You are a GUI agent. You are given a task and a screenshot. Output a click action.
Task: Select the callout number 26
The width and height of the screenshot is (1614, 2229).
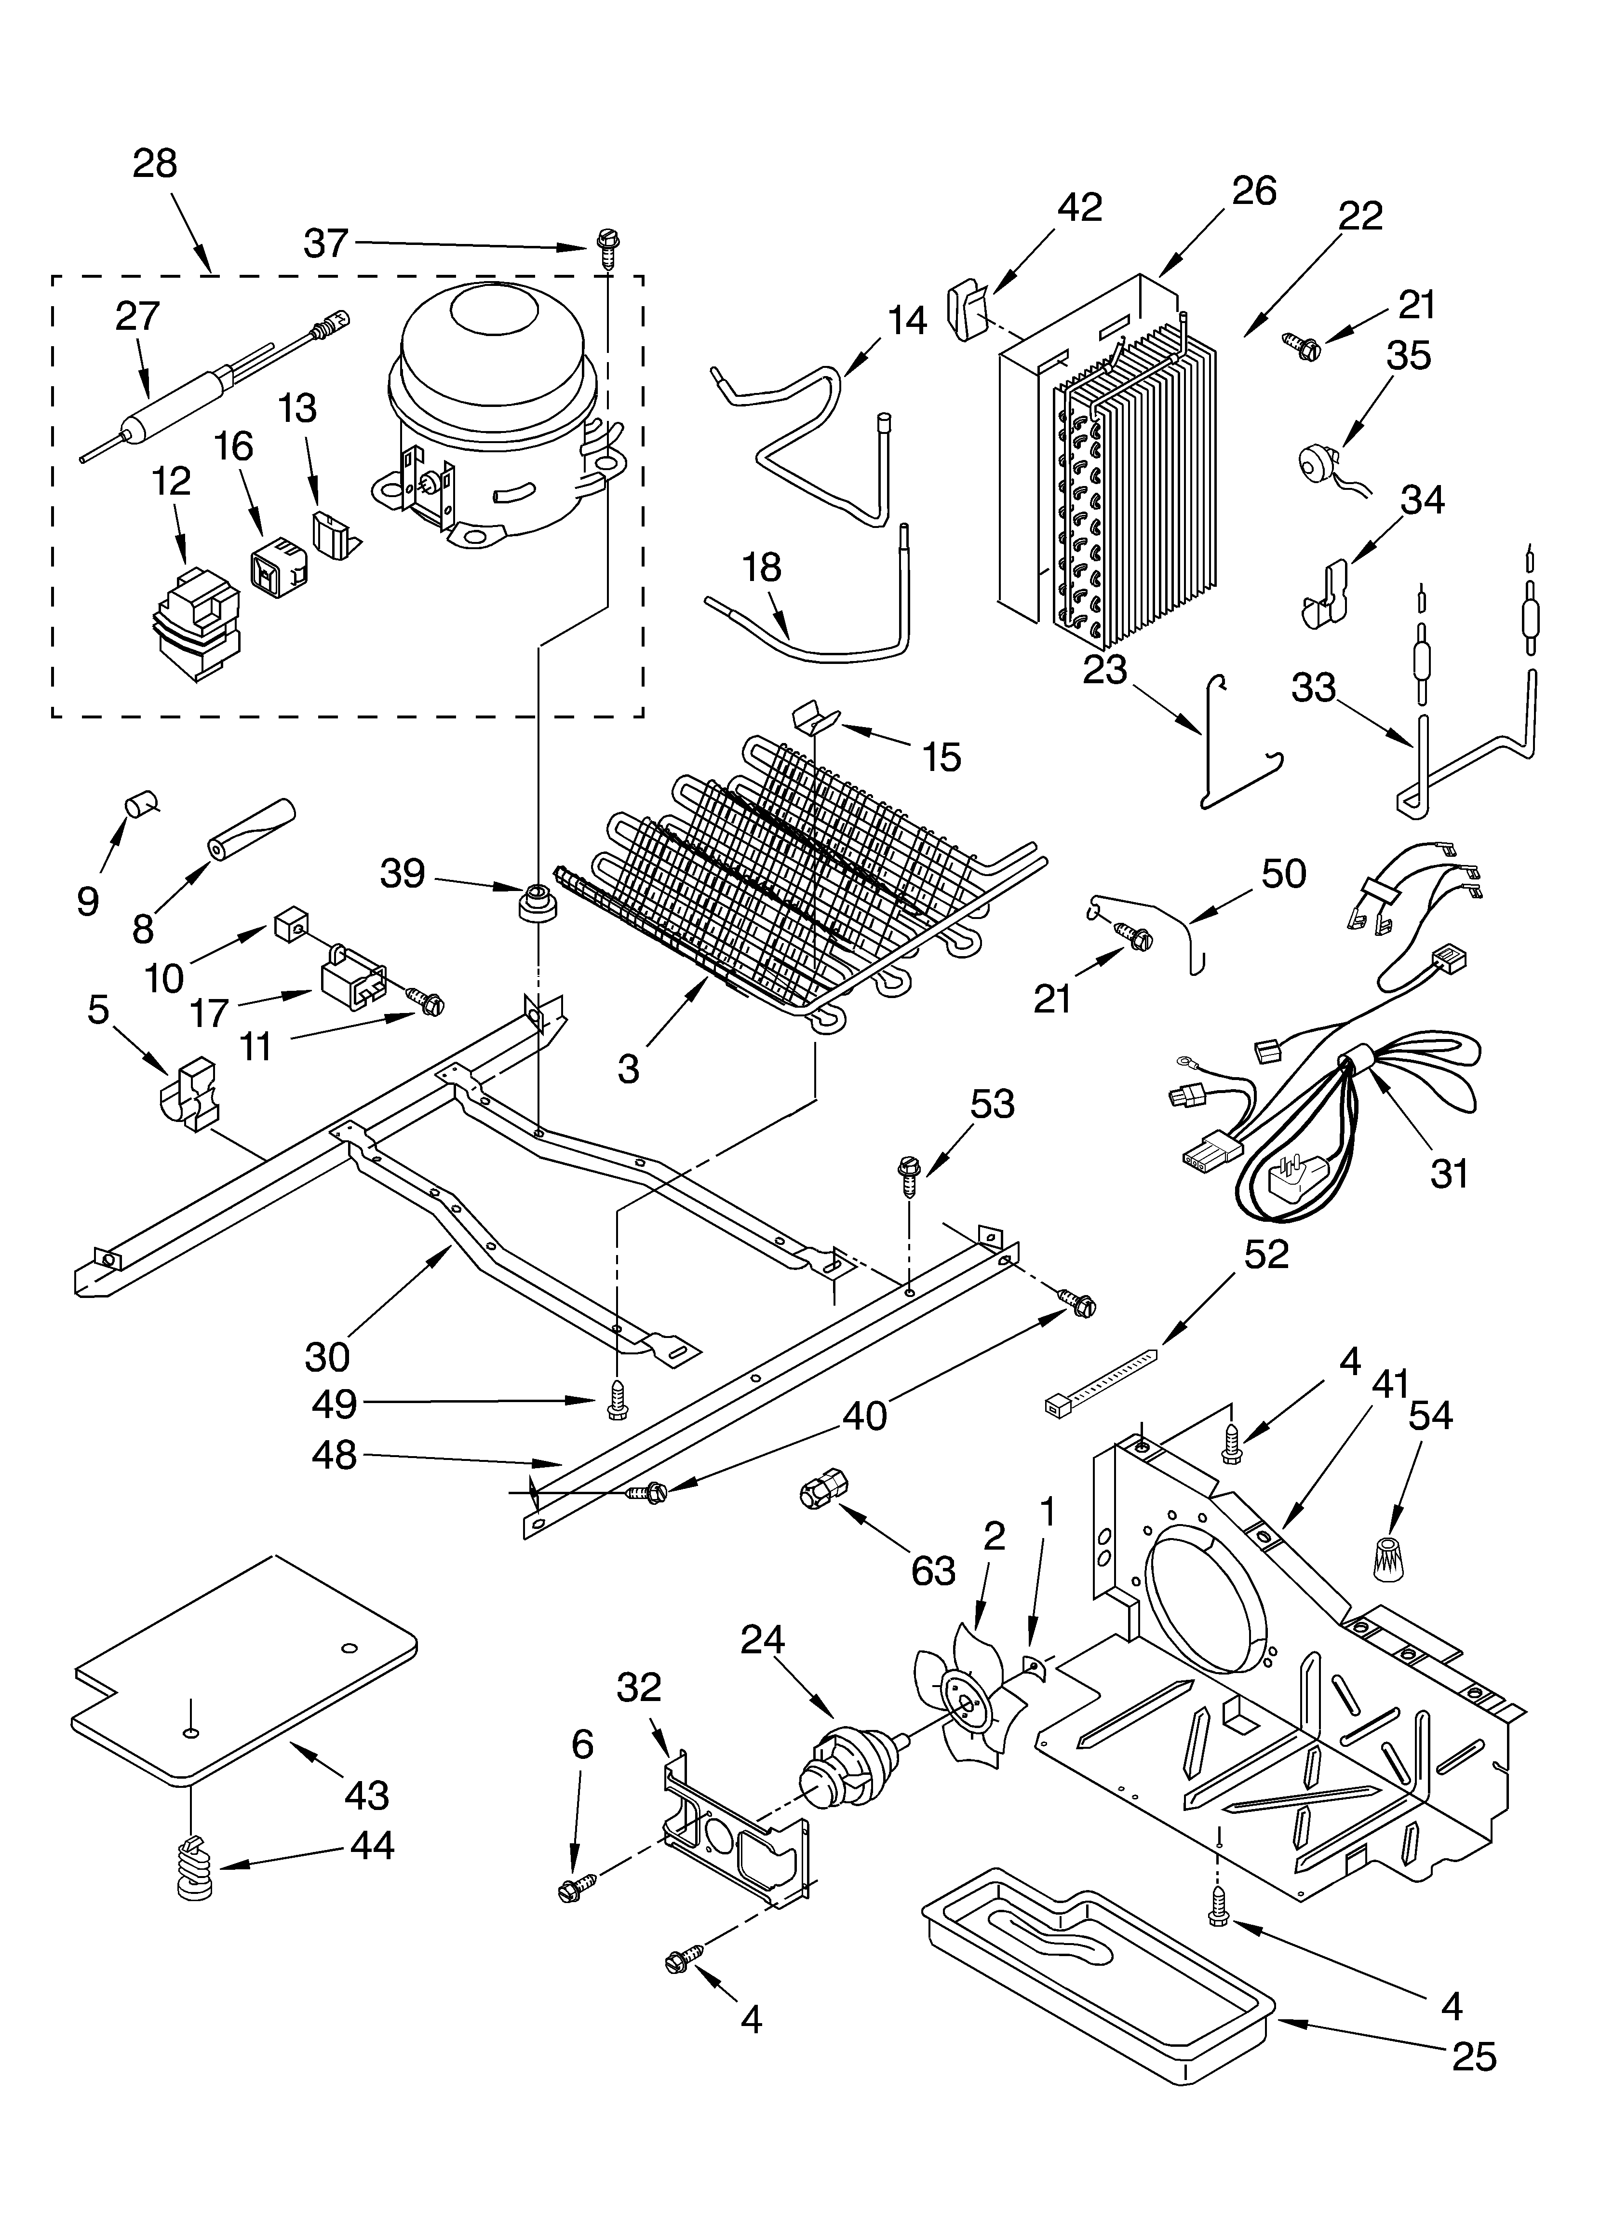pos(1253,190)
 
